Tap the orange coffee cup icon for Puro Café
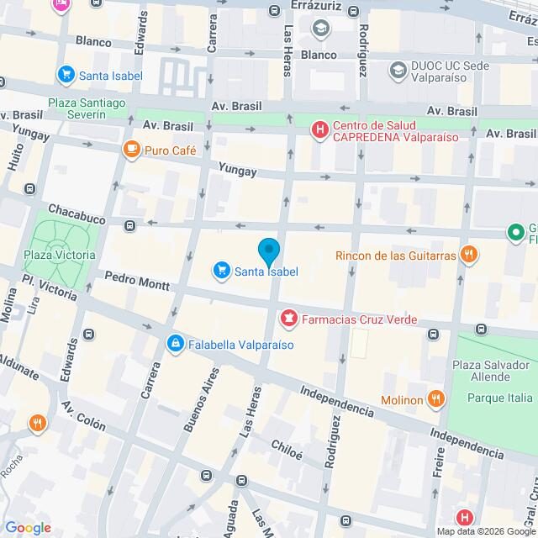(x=131, y=150)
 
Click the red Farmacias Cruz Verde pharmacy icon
(x=288, y=319)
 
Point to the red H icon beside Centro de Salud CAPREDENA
(x=319, y=129)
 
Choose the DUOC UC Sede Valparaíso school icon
(x=397, y=68)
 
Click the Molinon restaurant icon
(x=435, y=398)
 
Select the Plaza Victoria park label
(x=59, y=255)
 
